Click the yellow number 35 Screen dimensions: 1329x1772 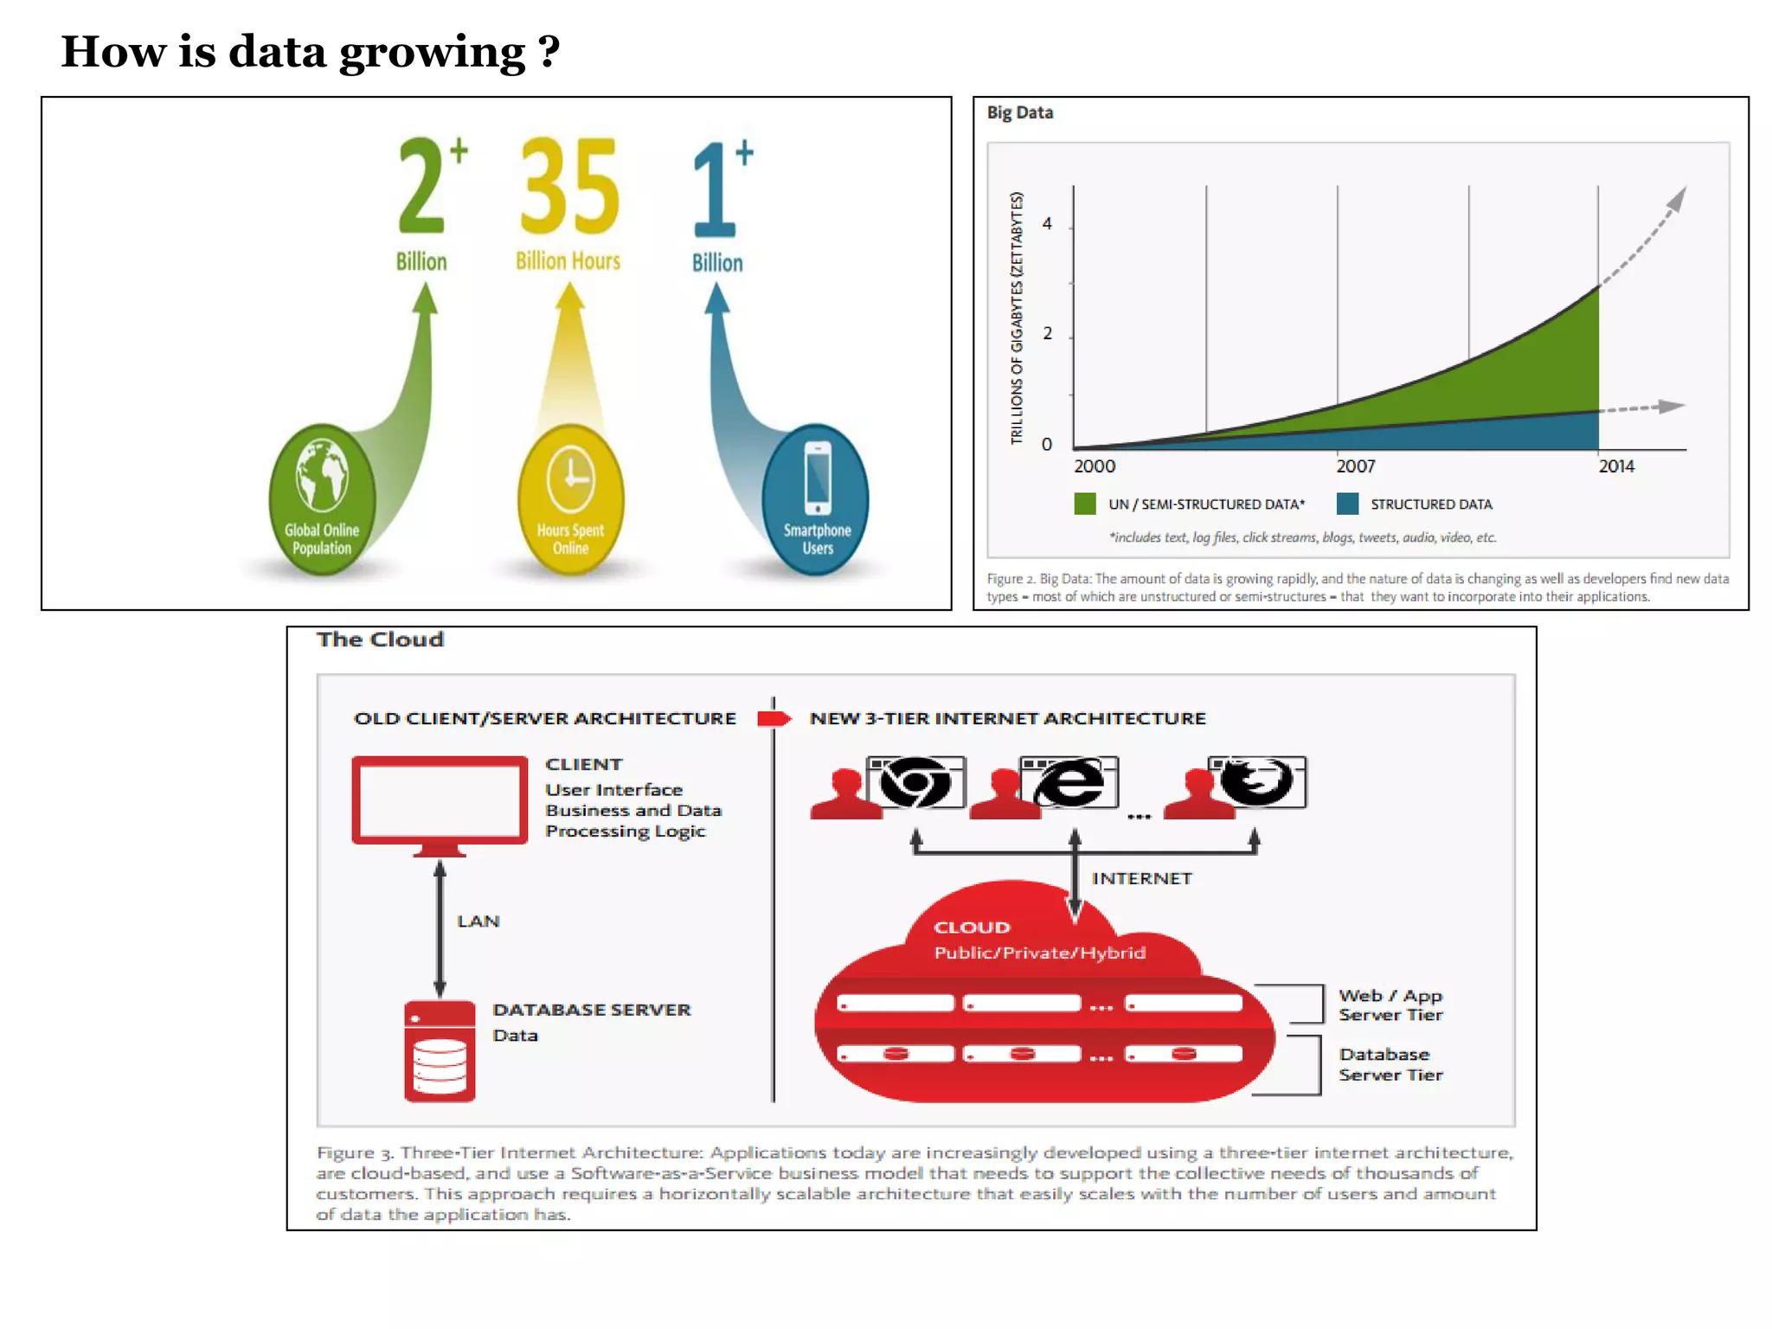pyautogui.click(x=569, y=186)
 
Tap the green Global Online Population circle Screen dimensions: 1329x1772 pyautogui.click(x=322, y=499)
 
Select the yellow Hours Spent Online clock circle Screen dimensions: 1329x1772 pyautogui.click(x=570, y=499)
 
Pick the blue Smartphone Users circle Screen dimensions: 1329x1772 pyautogui.click(x=816, y=499)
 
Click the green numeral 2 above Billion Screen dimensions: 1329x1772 pyautogui.click(x=422, y=186)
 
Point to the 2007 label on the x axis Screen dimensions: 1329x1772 pyautogui.click(x=1355, y=466)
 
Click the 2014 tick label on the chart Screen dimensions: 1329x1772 pyautogui.click(x=1615, y=466)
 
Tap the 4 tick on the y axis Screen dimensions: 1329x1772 pyautogui.click(x=1047, y=224)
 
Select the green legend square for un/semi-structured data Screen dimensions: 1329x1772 pyautogui.click(x=1085, y=504)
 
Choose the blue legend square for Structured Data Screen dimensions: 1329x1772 pyautogui.click(x=1347, y=504)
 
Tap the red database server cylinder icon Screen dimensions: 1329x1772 pyautogui.click(x=440, y=1050)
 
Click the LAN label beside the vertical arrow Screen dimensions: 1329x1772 pyautogui.click(x=478, y=921)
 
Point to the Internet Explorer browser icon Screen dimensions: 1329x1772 pyautogui.click(x=1070, y=782)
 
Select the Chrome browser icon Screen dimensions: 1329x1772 pyautogui.click(x=916, y=782)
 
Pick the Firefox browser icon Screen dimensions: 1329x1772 pyautogui.click(x=1258, y=782)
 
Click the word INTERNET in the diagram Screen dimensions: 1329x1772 pyautogui.click(x=1141, y=879)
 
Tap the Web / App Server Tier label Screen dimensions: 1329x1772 pyautogui.click(x=1390, y=1005)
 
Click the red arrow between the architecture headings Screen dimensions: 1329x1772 pyautogui.click(x=774, y=719)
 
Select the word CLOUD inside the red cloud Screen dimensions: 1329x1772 pyautogui.click(x=972, y=928)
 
